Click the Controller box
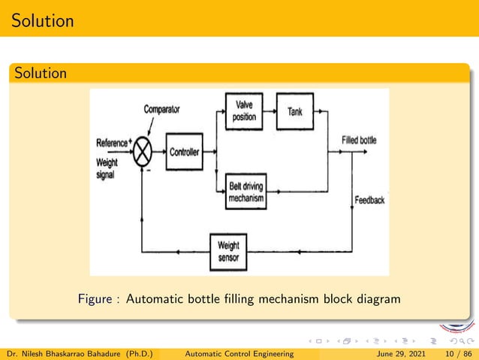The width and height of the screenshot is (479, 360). (184, 152)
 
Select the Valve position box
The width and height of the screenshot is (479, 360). (244, 112)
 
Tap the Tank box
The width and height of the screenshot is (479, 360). (295, 112)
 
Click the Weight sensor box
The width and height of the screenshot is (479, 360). (228, 250)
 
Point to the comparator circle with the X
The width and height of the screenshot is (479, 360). (143, 153)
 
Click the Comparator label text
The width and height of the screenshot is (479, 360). (161, 110)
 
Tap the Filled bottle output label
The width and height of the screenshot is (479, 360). (359, 141)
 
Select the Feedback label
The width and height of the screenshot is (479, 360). (370, 200)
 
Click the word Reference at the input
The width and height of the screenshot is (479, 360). (112, 143)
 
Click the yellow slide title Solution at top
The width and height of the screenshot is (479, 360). (43, 20)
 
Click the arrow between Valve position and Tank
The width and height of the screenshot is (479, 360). (270, 112)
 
